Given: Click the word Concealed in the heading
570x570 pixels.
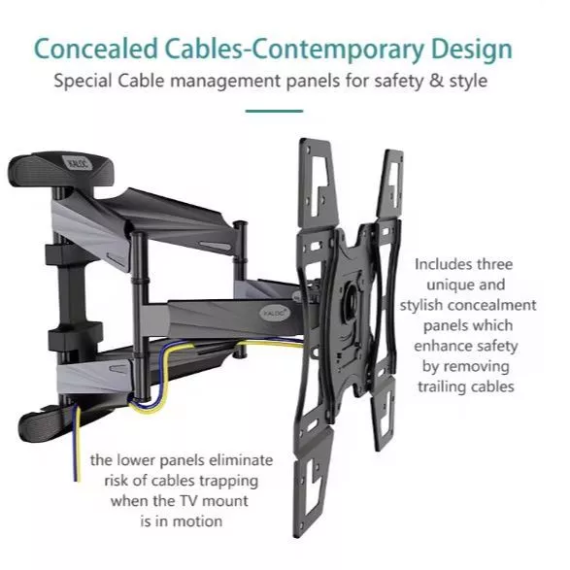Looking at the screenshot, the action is click(96, 49).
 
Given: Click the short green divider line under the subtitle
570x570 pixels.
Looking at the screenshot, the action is click(274, 111).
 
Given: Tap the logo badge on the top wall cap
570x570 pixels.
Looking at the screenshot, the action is click(78, 163).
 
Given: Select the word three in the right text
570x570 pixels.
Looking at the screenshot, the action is click(495, 264).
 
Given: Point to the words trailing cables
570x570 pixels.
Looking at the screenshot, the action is click(466, 386).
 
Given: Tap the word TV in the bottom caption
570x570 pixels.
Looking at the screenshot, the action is click(189, 501).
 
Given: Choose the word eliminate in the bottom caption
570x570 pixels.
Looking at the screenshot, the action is click(241, 460).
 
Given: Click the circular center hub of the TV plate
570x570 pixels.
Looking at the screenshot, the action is click(352, 296).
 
